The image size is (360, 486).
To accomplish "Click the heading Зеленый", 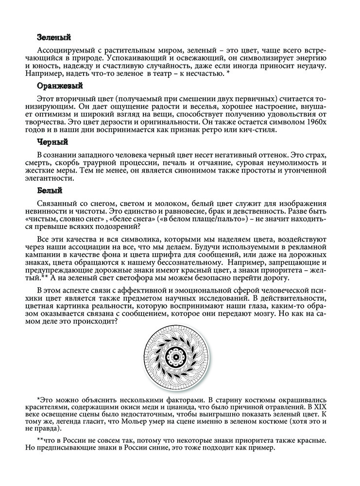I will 54,37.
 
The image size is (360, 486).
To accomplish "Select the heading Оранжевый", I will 60,86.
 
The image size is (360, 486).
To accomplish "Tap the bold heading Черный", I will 52,142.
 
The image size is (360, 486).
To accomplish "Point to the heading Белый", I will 50,191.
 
